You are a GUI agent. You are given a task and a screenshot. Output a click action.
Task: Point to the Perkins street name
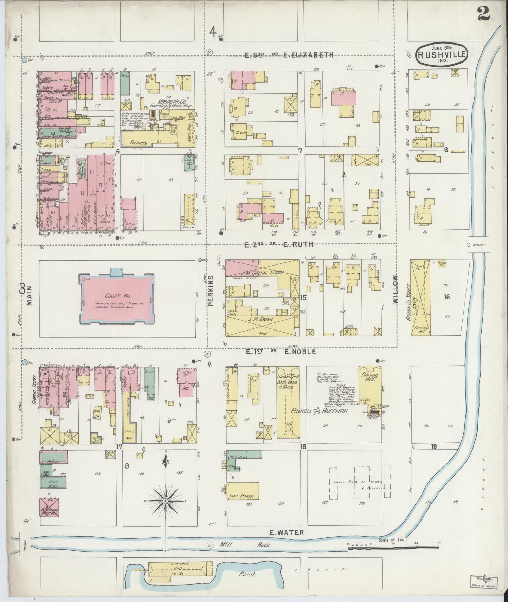coord(211,291)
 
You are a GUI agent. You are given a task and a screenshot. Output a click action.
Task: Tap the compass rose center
coord(165,500)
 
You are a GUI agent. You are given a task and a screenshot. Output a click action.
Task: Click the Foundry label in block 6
coord(137,143)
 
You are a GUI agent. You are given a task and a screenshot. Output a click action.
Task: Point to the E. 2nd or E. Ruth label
coord(278,245)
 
